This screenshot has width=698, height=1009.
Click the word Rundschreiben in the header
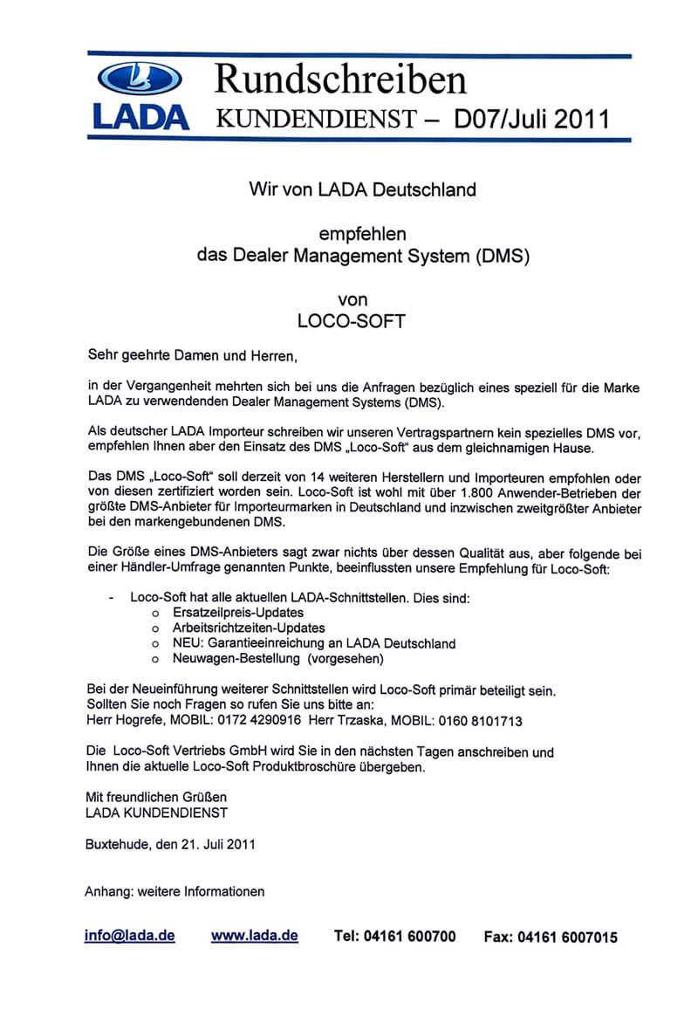pos(340,80)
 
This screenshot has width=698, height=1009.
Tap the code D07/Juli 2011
pos(531,118)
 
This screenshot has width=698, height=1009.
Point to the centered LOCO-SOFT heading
pos(352,320)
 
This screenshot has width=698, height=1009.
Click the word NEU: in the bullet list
pos(188,643)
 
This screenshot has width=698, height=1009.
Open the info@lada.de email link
pos(129,935)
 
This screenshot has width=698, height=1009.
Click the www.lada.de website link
pos(254,935)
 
